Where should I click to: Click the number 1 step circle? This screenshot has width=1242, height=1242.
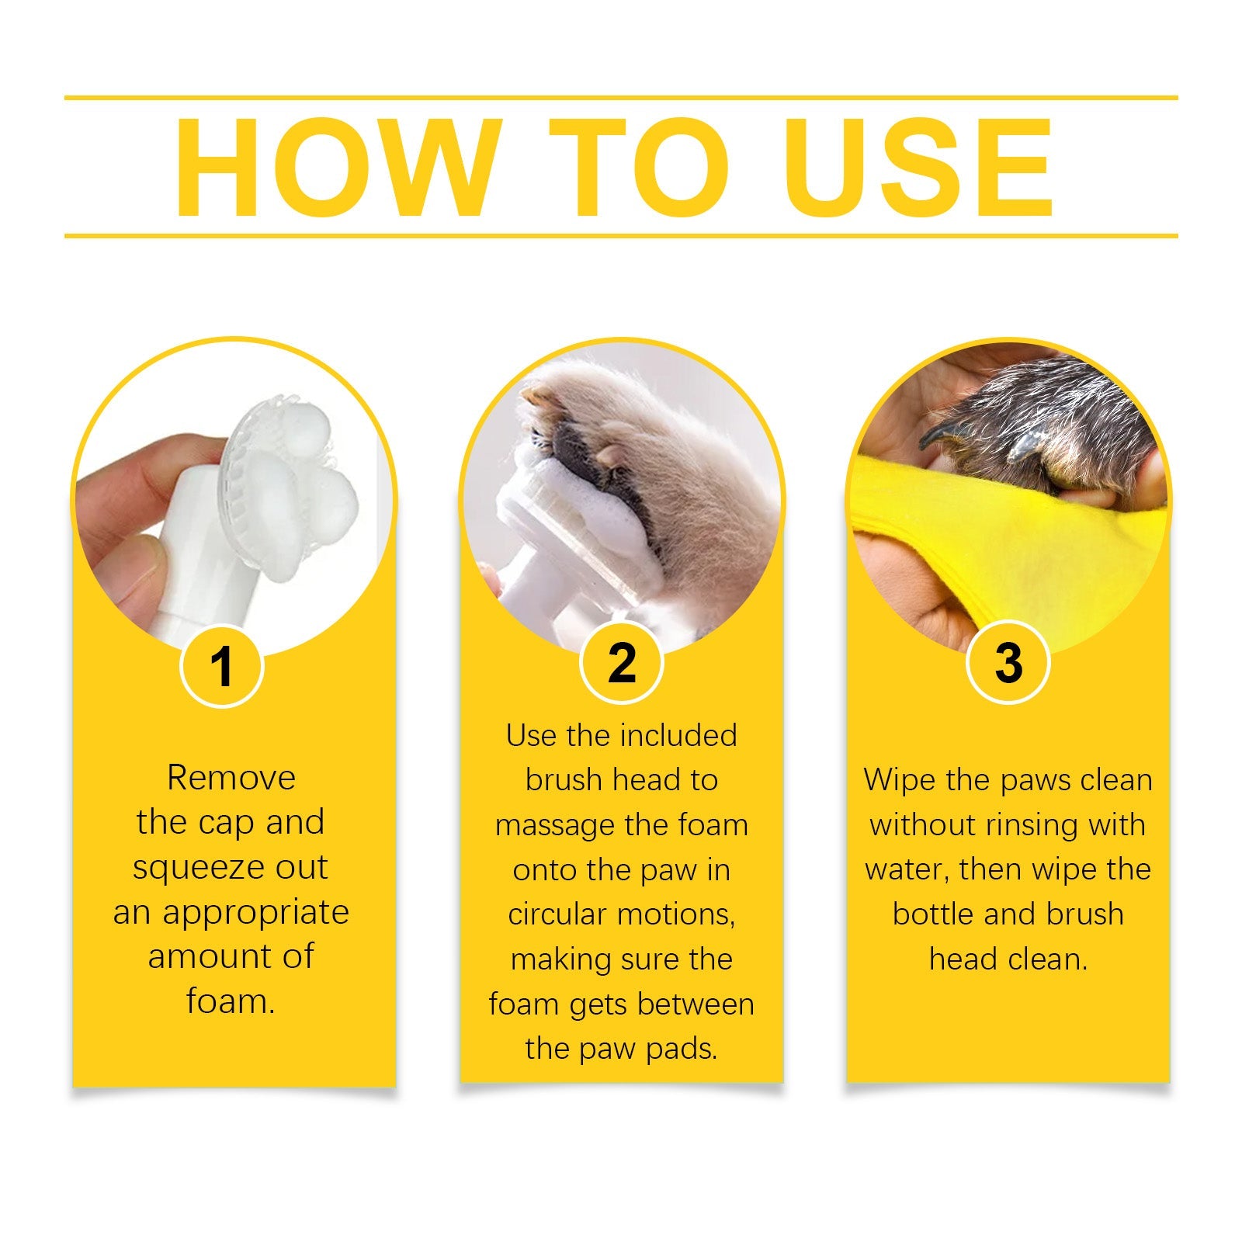click(222, 666)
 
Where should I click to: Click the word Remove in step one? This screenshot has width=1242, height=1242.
click(231, 778)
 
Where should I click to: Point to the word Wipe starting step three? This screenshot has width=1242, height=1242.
click(899, 780)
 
